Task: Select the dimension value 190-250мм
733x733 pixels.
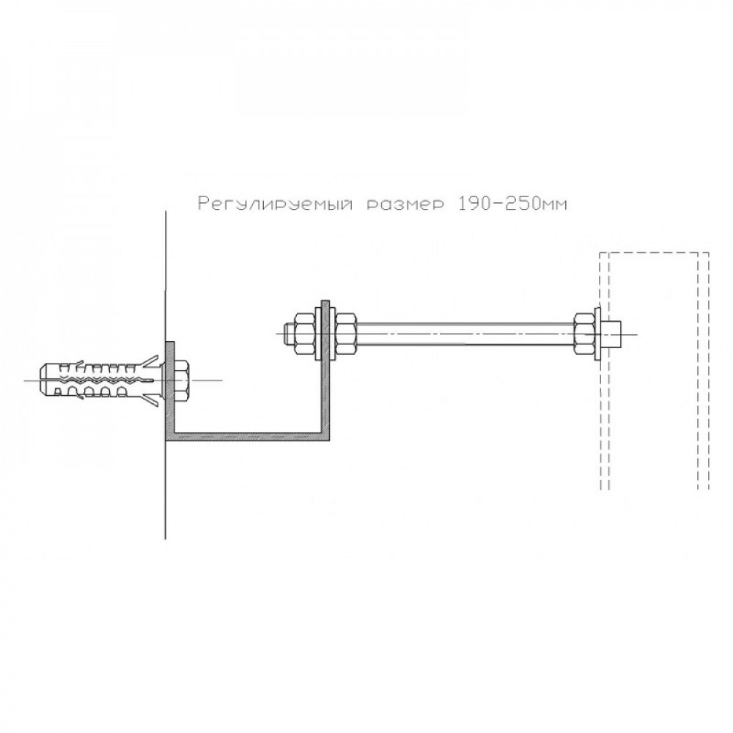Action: pyautogui.click(x=511, y=204)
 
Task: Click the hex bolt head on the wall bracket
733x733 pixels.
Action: pyautogui.click(x=182, y=380)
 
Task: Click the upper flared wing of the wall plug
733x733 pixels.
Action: pyautogui.click(x=150, y=362)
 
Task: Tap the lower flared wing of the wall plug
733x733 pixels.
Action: pyautogui.click(x=150, y=399)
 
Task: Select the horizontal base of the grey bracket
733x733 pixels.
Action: pyautogui.click(x=247, y=435)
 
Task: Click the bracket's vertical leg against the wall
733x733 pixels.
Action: pyautogui.click(x=169, y=391)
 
